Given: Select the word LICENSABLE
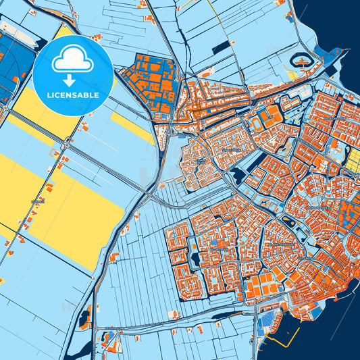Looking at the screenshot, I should pos(72,95).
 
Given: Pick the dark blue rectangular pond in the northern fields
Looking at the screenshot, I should pos(221,47).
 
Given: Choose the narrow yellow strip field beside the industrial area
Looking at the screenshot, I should pos(132,128).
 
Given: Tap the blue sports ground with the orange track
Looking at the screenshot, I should pos(260,122).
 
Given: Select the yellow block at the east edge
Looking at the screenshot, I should pos(353,159).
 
